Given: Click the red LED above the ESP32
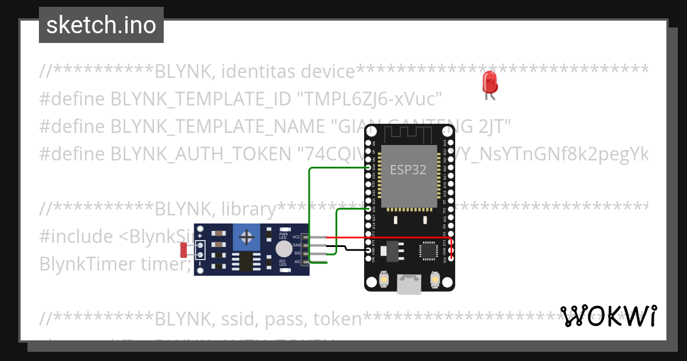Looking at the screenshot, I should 489,83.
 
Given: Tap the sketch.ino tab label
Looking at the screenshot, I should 101,25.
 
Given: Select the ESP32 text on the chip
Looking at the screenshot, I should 407,170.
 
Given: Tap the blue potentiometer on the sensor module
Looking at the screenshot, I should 247,237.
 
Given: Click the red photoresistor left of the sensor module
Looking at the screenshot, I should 184,250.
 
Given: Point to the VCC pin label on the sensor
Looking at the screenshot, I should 296,237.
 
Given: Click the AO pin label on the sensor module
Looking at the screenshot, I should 297,261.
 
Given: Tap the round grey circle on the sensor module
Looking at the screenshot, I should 283,249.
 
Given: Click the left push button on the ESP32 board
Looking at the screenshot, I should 384,280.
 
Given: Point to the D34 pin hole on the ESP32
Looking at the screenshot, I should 369,167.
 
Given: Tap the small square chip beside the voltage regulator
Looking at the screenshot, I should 428,250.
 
